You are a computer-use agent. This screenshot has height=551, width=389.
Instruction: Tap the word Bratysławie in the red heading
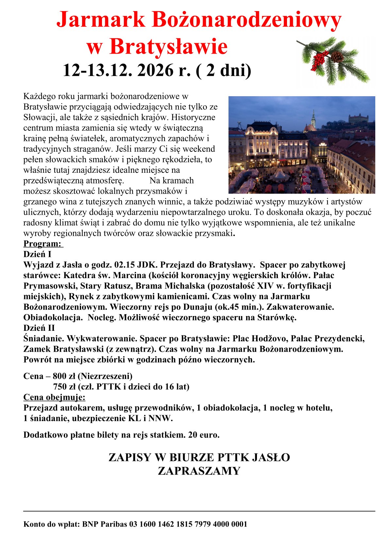168,46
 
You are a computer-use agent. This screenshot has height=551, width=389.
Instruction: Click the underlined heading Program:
42,244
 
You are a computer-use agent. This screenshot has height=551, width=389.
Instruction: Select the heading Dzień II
39,328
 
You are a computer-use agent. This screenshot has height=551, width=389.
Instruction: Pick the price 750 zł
64,387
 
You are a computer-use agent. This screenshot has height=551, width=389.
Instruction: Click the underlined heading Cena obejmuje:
54,397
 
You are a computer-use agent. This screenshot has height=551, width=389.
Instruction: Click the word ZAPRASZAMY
199,471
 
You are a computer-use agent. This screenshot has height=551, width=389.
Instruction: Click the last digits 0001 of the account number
239,524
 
